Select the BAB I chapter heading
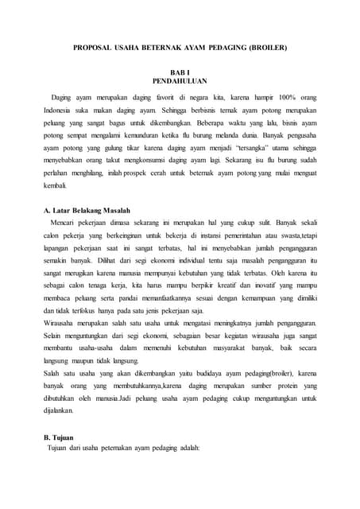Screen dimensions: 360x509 [x=179, y=72]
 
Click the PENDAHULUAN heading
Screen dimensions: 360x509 [x=179, y=81]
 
